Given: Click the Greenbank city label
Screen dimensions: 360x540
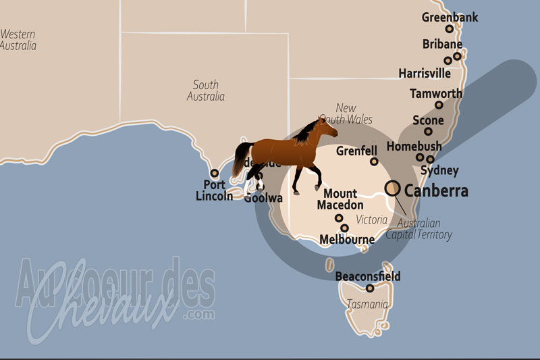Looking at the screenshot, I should (x=450, y=17).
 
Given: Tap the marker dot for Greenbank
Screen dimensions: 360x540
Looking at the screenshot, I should (x=450, y=29).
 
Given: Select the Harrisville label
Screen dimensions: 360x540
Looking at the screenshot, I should (x=425, y=72).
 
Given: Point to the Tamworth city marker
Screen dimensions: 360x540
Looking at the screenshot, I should (x=439, y=105).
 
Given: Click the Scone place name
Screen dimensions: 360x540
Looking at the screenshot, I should (x=429, y=121).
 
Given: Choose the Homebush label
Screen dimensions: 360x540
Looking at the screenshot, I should (x=414, y=147).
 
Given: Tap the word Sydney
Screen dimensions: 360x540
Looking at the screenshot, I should (x=439, y=171).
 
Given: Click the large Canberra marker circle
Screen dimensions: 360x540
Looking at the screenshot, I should (x=392, y=188).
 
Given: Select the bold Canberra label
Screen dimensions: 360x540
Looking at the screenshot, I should (x=436, y=191).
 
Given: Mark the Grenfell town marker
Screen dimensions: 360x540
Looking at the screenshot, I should (x=374, y=161).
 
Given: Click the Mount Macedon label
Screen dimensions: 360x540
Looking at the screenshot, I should (x=340, y=199).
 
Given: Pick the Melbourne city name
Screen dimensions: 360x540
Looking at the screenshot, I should (x=347, y=240).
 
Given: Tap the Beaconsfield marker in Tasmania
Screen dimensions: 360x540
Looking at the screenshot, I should (x=370, y=288).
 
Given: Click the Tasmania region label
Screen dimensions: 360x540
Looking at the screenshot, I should (x=367, y=305).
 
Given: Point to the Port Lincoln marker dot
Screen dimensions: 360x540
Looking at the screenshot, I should (x=215, y=173).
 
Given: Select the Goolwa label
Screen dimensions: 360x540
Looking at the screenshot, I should (x=263, y=198).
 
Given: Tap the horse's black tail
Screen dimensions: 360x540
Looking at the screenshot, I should (x=239, y=159).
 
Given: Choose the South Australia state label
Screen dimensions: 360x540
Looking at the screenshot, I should (x=205, y=91).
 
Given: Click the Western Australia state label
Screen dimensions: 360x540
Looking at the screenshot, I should (x=18, y=39).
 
